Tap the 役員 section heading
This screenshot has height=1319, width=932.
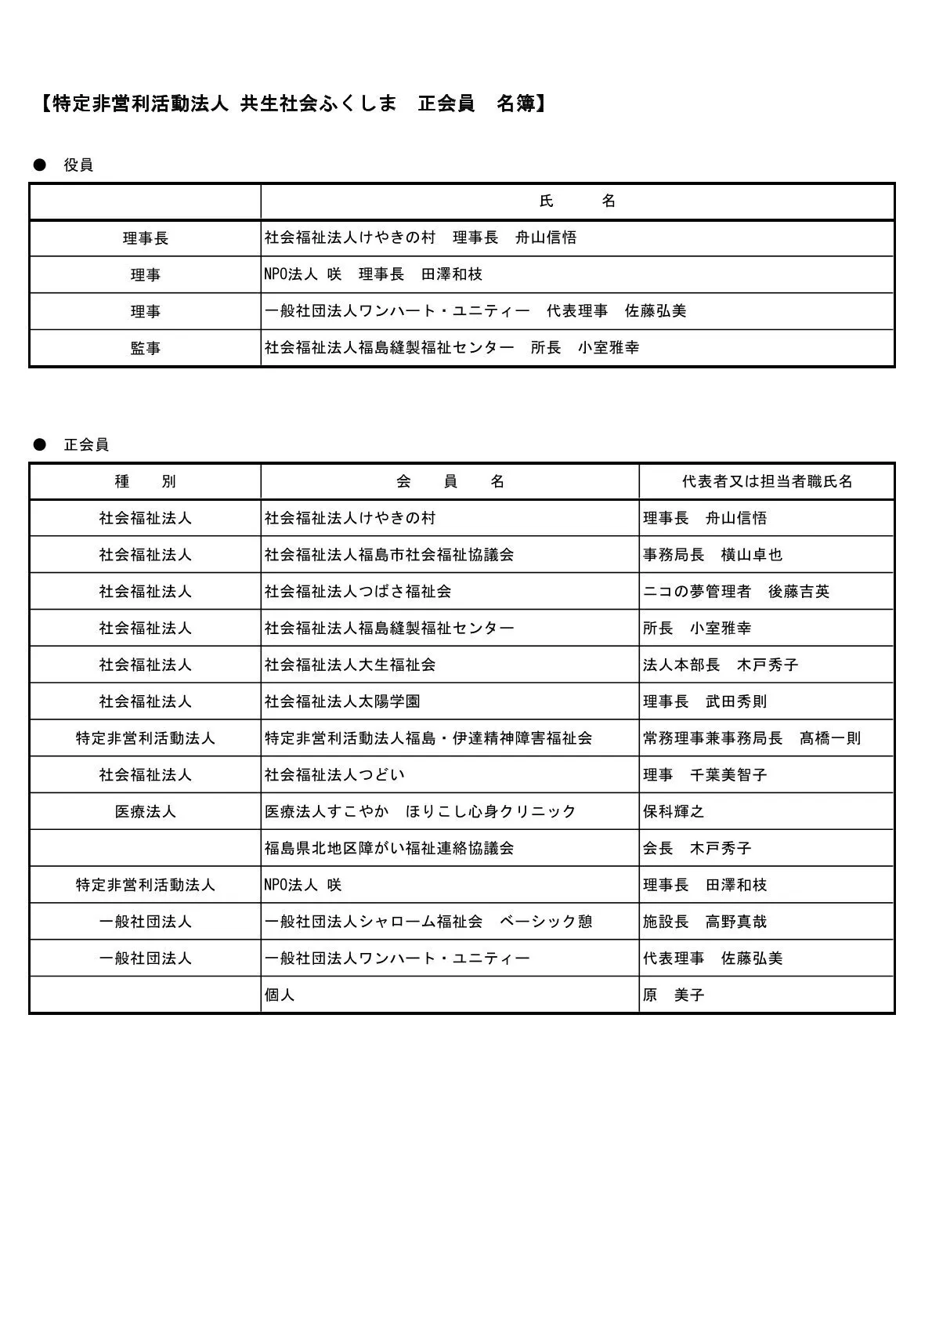(78, 165)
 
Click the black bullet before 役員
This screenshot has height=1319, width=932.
(39, 165)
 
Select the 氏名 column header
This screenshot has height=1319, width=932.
(577, 201)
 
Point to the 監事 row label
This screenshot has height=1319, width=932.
(145, 348)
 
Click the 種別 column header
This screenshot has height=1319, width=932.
(145, 482)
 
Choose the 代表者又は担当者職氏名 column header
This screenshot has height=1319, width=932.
(767, 482)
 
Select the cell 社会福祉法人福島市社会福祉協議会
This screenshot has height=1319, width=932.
(389, 555)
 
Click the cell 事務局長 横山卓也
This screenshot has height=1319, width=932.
(712, 555)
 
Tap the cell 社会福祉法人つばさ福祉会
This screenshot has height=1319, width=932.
(358, 592)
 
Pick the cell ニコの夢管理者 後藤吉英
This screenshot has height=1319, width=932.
(735, 592)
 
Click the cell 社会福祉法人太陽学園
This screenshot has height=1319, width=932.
(342, 701)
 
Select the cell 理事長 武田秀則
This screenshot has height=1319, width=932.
(704, 701)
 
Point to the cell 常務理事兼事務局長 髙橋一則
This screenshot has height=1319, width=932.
(751, 738)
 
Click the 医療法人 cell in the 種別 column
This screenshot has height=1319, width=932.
(145, 812)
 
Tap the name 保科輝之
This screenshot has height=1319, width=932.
(674, 812)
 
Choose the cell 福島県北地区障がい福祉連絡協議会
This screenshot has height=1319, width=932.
(389, 849)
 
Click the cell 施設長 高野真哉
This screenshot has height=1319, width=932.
(704, 922)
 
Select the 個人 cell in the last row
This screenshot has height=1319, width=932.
(280, 995)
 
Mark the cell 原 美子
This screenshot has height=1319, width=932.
(674, 995)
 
